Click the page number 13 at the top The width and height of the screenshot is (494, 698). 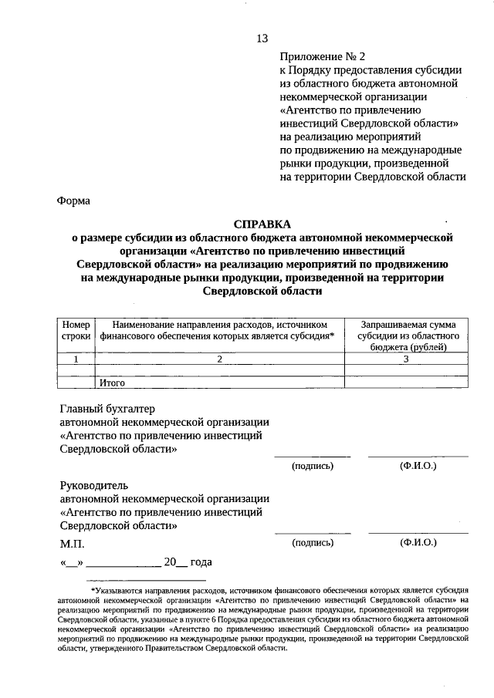click(262, 39)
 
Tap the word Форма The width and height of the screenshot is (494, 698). click(73, 201)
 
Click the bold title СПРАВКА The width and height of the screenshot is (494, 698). click(261, 224)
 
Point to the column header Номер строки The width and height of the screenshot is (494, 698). click(76, 331)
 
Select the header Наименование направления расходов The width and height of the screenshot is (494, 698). click(219, 331)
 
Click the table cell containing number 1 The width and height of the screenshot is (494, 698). click(76, 359)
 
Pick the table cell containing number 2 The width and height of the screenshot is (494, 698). click(219, 359)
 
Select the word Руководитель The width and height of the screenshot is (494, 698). click(95, 485)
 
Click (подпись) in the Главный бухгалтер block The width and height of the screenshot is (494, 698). click(312, 466)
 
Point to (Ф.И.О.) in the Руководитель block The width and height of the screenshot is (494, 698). click(418, 542)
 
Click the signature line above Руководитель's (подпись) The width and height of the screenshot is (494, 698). click(312, 533)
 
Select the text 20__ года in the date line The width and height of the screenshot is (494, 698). click(188, 562)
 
